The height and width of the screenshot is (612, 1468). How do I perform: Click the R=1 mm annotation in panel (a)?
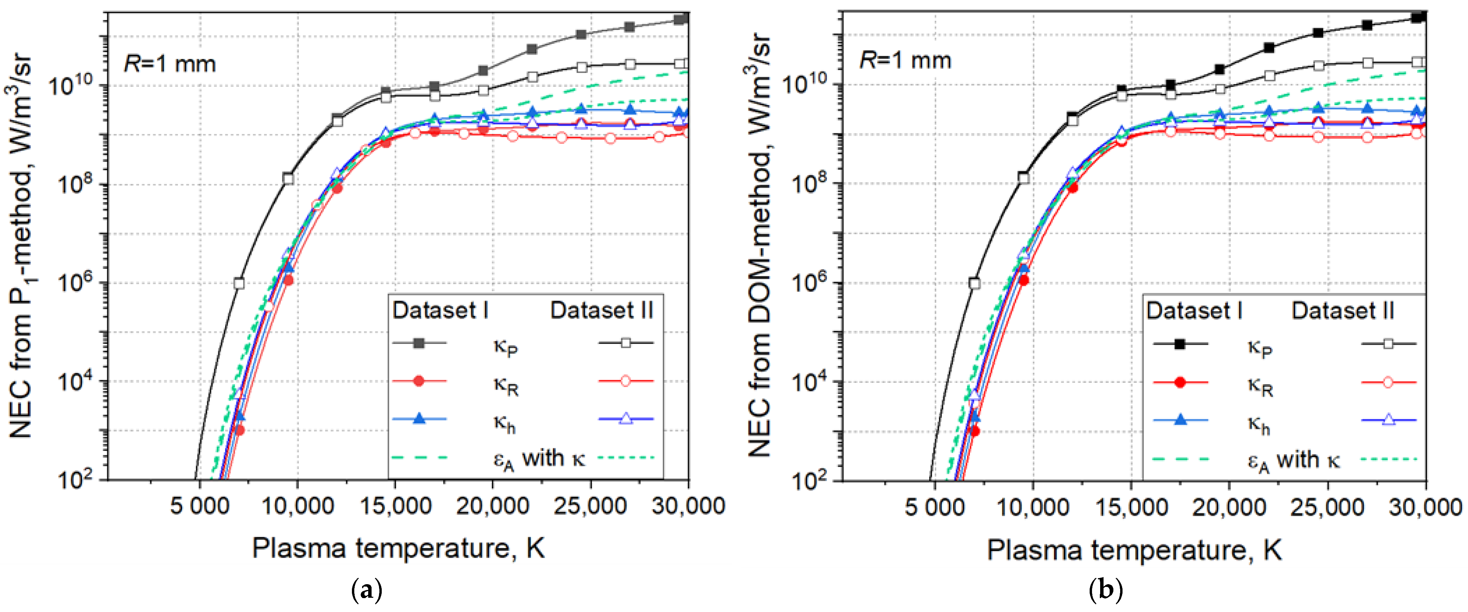tap(170, 63)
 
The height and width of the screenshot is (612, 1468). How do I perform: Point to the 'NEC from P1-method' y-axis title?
tap(22, 245)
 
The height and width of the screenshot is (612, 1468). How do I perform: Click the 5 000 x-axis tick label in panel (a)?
tap(199, 506)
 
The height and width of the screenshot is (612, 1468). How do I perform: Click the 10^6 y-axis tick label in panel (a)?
tap(78, 283)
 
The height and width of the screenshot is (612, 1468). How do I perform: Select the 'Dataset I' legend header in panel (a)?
tap(440, 311)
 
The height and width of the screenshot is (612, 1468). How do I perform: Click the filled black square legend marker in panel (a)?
tap(419, 343)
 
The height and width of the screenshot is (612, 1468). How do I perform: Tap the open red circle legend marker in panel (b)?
tap(1388, 382)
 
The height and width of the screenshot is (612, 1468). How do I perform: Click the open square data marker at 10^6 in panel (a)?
tap(239, 283)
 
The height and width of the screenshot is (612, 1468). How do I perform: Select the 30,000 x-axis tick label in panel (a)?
tap(688, 506)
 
